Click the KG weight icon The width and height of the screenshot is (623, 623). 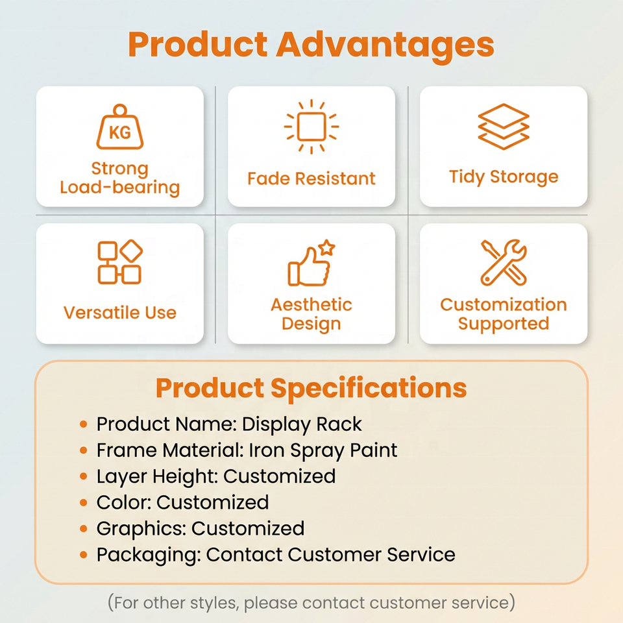coord(119,127)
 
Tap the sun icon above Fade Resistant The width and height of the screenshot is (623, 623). coord(311,127)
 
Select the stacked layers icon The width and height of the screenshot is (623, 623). coord(504,127)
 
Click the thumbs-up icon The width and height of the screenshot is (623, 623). coord(309,266)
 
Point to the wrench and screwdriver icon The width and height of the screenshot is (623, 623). coord(504,262)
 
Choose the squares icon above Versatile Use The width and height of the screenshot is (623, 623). coord(119,262)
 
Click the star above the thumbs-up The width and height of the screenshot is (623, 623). coord(326,247)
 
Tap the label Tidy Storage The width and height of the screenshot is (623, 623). coord(504,177)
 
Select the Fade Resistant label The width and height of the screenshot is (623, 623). coord(311,178)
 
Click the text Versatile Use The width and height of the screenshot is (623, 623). coord(119,312)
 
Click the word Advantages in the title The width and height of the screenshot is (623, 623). coord(385,45)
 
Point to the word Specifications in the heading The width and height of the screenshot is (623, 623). coord(369,388)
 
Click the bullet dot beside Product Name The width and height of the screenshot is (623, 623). coord(84,424)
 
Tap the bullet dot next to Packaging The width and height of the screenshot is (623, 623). coord(84,554)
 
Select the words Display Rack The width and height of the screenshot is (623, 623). coord(302,424)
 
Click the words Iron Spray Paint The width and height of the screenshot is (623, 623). coord(323,450)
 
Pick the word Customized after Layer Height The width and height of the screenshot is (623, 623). coord(279,476)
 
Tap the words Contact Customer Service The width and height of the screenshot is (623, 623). coord(330,554)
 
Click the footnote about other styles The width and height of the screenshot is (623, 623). coord(311,603)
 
